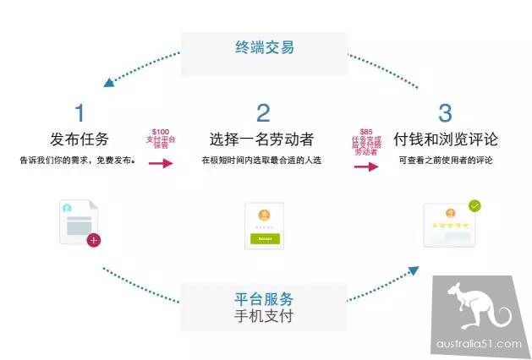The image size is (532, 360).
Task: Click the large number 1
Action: click(80, 113)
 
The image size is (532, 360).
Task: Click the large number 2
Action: click(263, 113)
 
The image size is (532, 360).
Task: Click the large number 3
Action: click(445, 113)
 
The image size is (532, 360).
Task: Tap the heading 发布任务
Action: click(80, 138)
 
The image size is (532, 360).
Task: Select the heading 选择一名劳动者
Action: click(263, 138)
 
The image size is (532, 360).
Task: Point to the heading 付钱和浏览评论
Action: click(446, 138)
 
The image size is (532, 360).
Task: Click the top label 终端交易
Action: click(264, 48)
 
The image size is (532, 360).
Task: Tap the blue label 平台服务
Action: click(264, 299)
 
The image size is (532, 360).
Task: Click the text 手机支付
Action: click(264, 318)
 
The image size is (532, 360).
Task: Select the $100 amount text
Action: click(159, 132)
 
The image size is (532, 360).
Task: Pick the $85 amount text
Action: click(366, 131)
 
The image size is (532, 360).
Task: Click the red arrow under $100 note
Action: click(160, 162)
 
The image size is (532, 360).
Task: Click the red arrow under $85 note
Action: click(365, 166)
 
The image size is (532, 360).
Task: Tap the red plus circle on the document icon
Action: click(94, 240)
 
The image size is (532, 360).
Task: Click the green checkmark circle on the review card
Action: click(474, 205)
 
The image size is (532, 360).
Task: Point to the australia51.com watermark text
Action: click(480, 344)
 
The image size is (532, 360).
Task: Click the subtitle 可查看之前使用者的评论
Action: click(445, 160)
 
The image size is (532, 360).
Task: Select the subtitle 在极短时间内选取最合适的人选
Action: click(263, 160)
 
